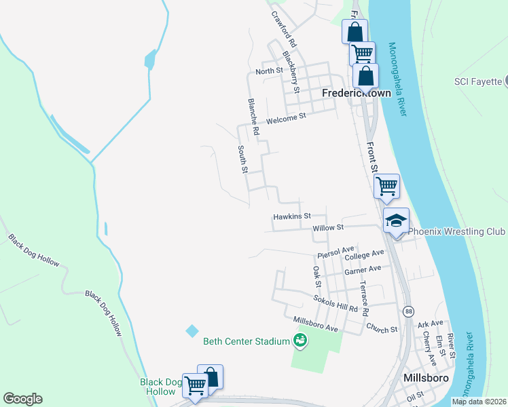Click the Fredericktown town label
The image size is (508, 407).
click(356, 92)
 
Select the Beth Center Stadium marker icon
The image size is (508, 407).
click(300, 341)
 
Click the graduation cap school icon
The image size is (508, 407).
click(396, 220)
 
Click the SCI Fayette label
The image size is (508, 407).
click(478, 82)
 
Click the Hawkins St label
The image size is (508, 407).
click(291, 216)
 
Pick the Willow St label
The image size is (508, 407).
click(329, 228)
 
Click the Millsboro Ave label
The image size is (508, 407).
click(315, 324)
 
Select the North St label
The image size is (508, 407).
click(269, 71)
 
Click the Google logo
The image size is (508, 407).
click(22, 399)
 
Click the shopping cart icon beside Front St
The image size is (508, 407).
click(386, 185)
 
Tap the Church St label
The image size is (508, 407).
click(382, 329)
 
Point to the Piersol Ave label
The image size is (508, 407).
click(336, 253)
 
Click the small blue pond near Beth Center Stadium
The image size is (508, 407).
click(192, 330)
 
